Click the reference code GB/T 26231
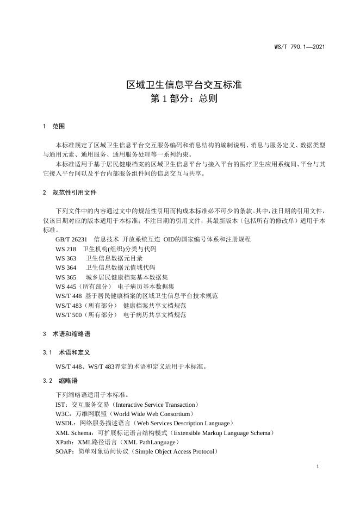tap(71, 239)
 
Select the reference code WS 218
tap(66, 249)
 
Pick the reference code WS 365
tap(66, 277)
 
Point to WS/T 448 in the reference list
tap(69, 295)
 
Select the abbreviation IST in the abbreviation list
tap(60, 405)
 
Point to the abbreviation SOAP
tap(64, 451)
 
